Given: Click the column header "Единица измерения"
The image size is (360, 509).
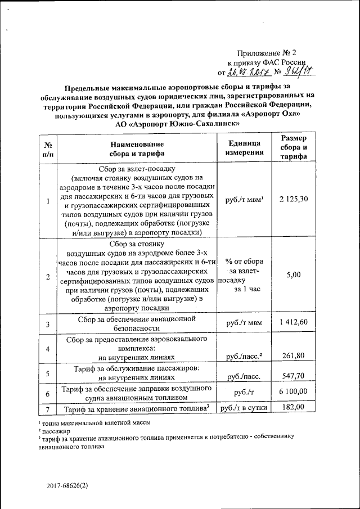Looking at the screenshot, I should click(x=244, y=148).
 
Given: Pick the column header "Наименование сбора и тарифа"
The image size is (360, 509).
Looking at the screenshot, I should click(x=137, y=148).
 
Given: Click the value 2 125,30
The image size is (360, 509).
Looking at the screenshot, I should click(x=293, y=201).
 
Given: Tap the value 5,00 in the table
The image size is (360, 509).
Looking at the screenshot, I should click(x=293, y=275).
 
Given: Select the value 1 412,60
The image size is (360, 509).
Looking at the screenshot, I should click(x=293, y=322).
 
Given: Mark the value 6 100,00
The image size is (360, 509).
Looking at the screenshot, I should click(x=293, y=391).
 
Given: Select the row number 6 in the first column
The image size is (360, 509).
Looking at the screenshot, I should click(x=48, y=393).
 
